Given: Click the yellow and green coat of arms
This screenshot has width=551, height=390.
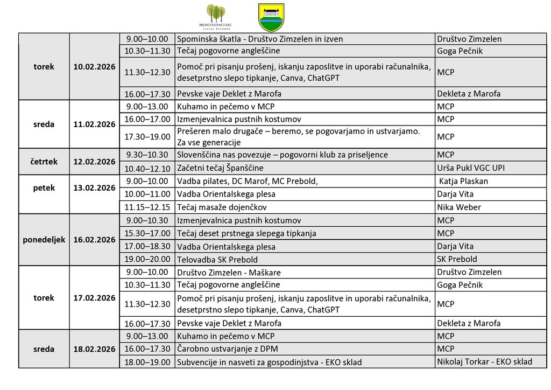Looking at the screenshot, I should pyautogui.click(x=271, y=17).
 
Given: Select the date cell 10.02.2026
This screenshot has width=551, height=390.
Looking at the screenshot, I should pyautogui.click(x=94, y=67).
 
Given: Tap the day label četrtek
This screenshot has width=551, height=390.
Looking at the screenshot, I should pyautogui.click(x=44, y=162).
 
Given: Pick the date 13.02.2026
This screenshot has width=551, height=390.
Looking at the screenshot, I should pyautogui.click(x=94, y=188).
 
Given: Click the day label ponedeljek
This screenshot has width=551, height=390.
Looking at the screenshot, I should pyautogui.click(x=44, y=240).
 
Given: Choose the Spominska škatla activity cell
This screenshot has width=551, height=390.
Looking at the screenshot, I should pyautogui.click(x=260, y=39).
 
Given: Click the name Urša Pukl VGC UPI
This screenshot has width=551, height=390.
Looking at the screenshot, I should pyautogui.click(x=471, y=168).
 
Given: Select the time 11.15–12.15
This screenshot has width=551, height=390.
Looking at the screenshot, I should pyautogui.click(x=147, y=207).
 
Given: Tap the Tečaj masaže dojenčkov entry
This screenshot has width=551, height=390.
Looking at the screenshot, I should pyautogui.click(x=222, y=207).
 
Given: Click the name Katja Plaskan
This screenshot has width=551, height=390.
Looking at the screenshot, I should pyautogui.click(x=464, y=181).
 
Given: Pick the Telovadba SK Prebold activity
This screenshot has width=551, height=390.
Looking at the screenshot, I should pyautogui.click(x=217, y=260).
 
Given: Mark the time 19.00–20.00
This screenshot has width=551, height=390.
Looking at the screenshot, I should pyautogui.click(x=147, y=260).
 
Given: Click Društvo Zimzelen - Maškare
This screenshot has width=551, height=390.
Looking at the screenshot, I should pyautogui.click(x=229, y=273).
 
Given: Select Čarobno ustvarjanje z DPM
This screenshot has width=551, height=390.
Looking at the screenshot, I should pyautogui.click(x=228, y=349).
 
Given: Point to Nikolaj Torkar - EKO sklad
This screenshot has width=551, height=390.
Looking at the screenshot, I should pyautogui.click(x=484, y=362).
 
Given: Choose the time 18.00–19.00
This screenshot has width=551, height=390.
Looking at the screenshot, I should pyautogui.click(x=147, y=362).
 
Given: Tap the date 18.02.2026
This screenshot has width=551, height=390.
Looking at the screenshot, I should pyautogui.click(x=94, y=349).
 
